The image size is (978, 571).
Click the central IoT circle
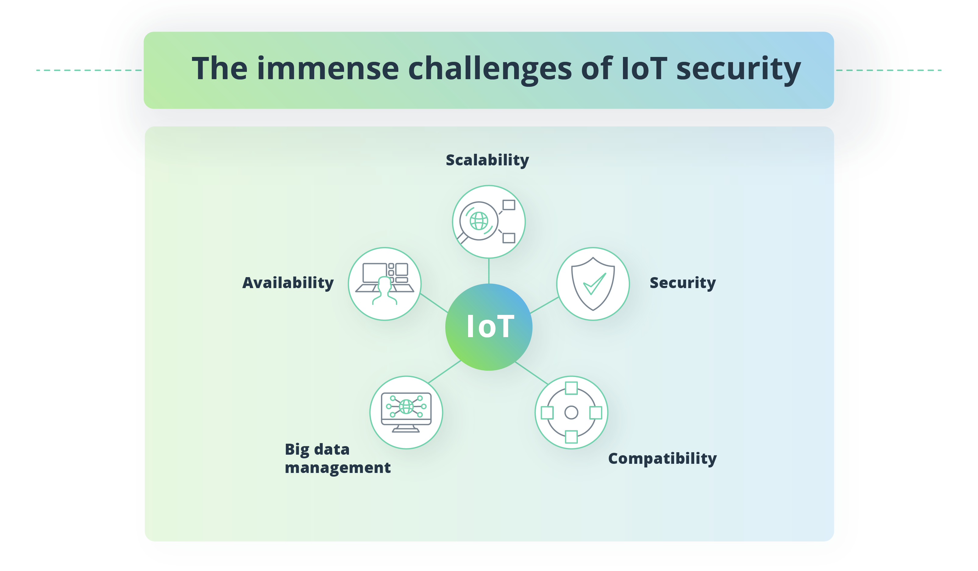click(489, 327)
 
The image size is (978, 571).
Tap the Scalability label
click(487, 160)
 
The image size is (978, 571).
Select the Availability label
click(288, 283)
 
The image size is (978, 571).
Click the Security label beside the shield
click(683, 283)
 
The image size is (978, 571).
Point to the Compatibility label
click(662, 459)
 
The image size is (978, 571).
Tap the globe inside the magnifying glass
click(479, 221)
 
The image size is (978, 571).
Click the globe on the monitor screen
click(406, 407)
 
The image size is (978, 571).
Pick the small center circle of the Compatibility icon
click(571, 412)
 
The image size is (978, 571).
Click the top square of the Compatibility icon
click(571, 388)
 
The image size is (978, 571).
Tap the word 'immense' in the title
click(328, 69)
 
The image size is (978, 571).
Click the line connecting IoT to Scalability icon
click(489, 271)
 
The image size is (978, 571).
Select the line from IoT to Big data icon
click(444, 372)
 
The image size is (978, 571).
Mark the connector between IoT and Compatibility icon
click(531, 373)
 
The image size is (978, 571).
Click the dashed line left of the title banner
click(89, 70)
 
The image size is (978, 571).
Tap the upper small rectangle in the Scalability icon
click(509, 205)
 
